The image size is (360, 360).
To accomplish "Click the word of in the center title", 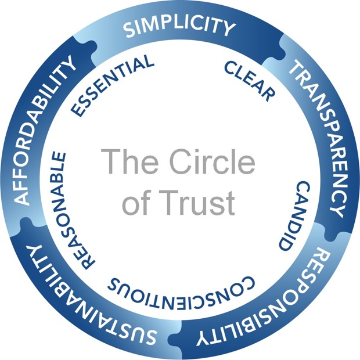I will [147, 202].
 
